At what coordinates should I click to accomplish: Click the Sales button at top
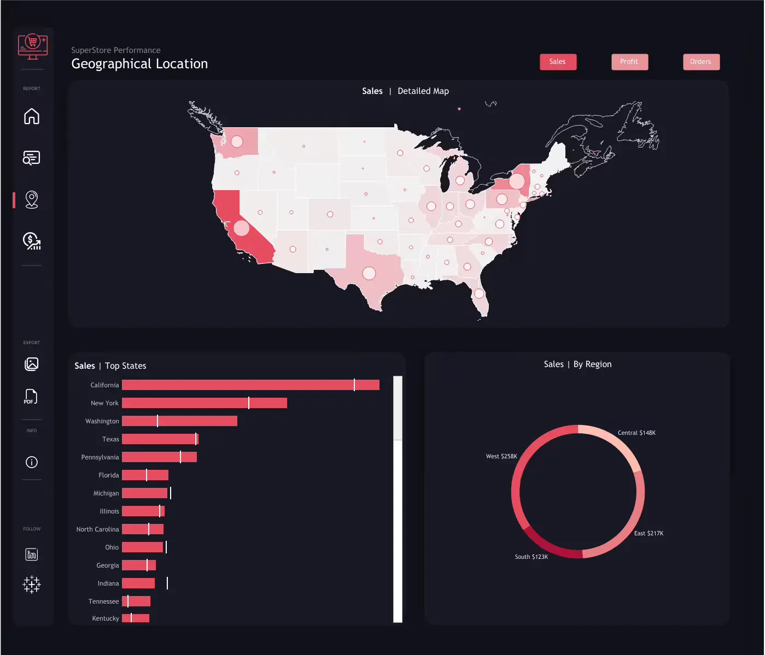point(558,62)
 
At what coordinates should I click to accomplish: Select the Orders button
point(700,62)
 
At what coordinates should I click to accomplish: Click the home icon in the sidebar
point(32,116)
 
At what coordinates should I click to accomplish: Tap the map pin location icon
point(32,199)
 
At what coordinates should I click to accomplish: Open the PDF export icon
point(31,397)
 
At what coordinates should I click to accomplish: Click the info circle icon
point(32,462)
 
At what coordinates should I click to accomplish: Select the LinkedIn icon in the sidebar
point(32,554)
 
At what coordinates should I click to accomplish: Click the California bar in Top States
point(250,385)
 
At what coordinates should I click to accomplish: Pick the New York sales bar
point(204,403)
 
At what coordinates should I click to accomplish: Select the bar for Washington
point(179,421)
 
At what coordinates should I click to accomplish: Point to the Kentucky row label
point(106,618)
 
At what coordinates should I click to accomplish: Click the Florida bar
point(145,475)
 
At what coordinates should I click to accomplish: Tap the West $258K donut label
point(501,456)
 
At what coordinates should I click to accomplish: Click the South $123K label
point(531,557)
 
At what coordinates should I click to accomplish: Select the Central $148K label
point(636,433)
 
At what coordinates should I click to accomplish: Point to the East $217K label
point(649,533)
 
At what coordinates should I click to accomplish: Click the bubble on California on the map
point(241,228)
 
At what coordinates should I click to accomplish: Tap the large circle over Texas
point(369,273)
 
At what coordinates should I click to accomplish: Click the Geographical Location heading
point(139,64)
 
